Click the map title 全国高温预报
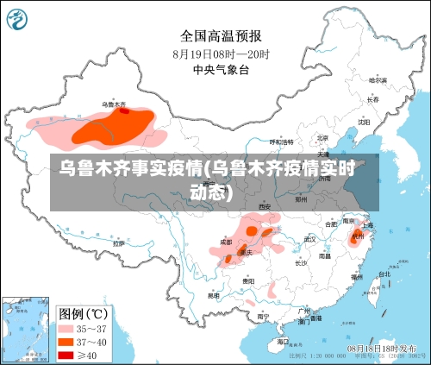pyautogui.click(x=221, y=35)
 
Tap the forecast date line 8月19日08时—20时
pyautogui.click(x=221, y=53)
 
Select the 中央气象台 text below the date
pyautogui.click(x=221, y=69)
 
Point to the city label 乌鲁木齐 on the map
pyautogui.click(x=115, y=104)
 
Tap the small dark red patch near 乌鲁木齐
pyautogui.click(x=124, y=110)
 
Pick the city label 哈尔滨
pyautogui.click(x=378, y=79)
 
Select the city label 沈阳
pyautogui.click(x=363, y=123)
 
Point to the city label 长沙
pyautogui.click(x=300, y=262)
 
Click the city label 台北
pyautogui.click(x=384, y=274)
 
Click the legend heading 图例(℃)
pyautogui.click(x=83, y=312)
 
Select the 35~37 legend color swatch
pyautogui.click(x=66, y=328)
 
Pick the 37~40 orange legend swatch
pyautogui.click(x=66, y=342)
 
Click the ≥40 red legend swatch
pyautogui.click(x=66, y=355)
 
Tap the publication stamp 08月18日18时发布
pyautogui.click(x=383, y=347)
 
